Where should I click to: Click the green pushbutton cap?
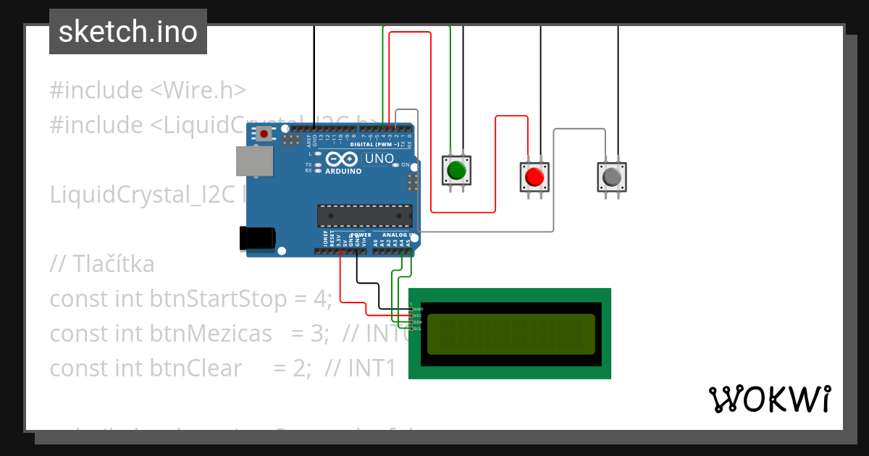coord(456,171)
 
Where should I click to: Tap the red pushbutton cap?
coord(534,177)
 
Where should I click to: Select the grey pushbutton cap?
coord(612,177)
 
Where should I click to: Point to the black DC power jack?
coord(257,238)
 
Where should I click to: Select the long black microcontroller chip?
coord(365,216)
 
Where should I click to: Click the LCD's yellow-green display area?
coord(511,334)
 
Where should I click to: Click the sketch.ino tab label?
coord(128,32)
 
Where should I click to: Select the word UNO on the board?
coord(379,159)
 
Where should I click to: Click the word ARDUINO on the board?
coord(343,172)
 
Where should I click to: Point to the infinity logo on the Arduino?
coord(341,159)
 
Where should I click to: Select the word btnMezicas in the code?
coord(211,334)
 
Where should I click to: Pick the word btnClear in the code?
coord(196,368)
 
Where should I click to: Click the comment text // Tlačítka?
coord(102,264)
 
